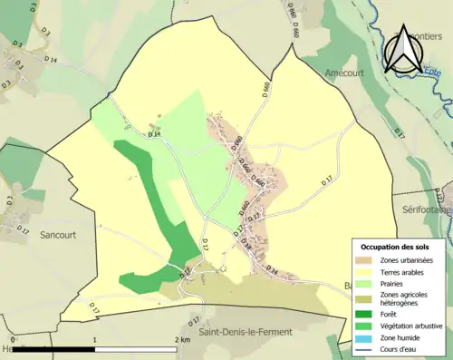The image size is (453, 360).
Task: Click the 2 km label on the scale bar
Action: click(181, 340)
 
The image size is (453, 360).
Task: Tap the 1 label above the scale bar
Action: click(95, 340)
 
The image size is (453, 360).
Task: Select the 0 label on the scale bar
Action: click(13, 340)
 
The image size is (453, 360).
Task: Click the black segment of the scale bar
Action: click(54, 349)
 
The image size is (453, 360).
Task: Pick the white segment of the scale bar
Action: click(136, 349)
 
